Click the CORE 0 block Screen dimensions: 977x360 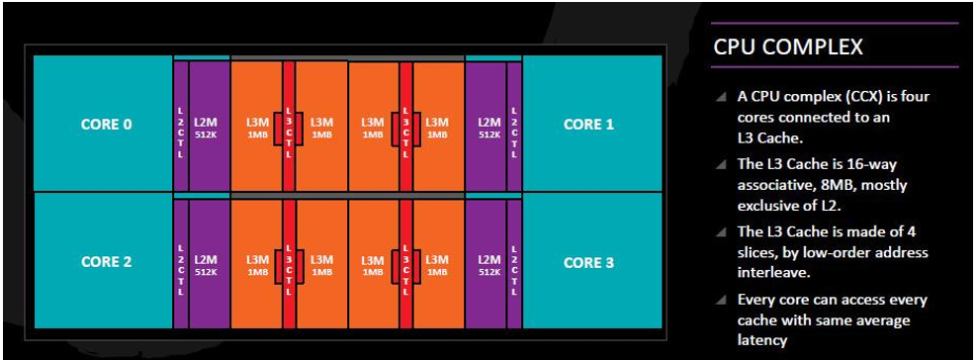[103, 124]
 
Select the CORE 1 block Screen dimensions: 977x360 [592, 124]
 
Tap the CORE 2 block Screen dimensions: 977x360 [103, 261]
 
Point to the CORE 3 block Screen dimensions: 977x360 [592, 261]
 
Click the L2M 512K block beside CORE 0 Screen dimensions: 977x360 [210, 127]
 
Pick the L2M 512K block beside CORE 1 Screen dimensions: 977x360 [486, 127]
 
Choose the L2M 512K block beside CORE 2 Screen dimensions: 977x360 [210, 264]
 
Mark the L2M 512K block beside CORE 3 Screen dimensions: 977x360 [486, 264]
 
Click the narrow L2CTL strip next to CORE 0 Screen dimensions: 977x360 [181, 127]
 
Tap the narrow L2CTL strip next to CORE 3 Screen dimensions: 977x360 [514, 264]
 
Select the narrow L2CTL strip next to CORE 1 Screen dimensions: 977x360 [514, 127]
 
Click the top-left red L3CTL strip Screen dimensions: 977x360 [289, 127]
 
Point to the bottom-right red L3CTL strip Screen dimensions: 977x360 [405, 264]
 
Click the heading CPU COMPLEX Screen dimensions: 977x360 [787, 46]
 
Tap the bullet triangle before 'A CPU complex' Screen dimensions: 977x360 [721, 97]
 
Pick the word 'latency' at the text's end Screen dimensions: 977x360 [762, 340]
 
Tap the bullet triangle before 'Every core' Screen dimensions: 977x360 [721, 301]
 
